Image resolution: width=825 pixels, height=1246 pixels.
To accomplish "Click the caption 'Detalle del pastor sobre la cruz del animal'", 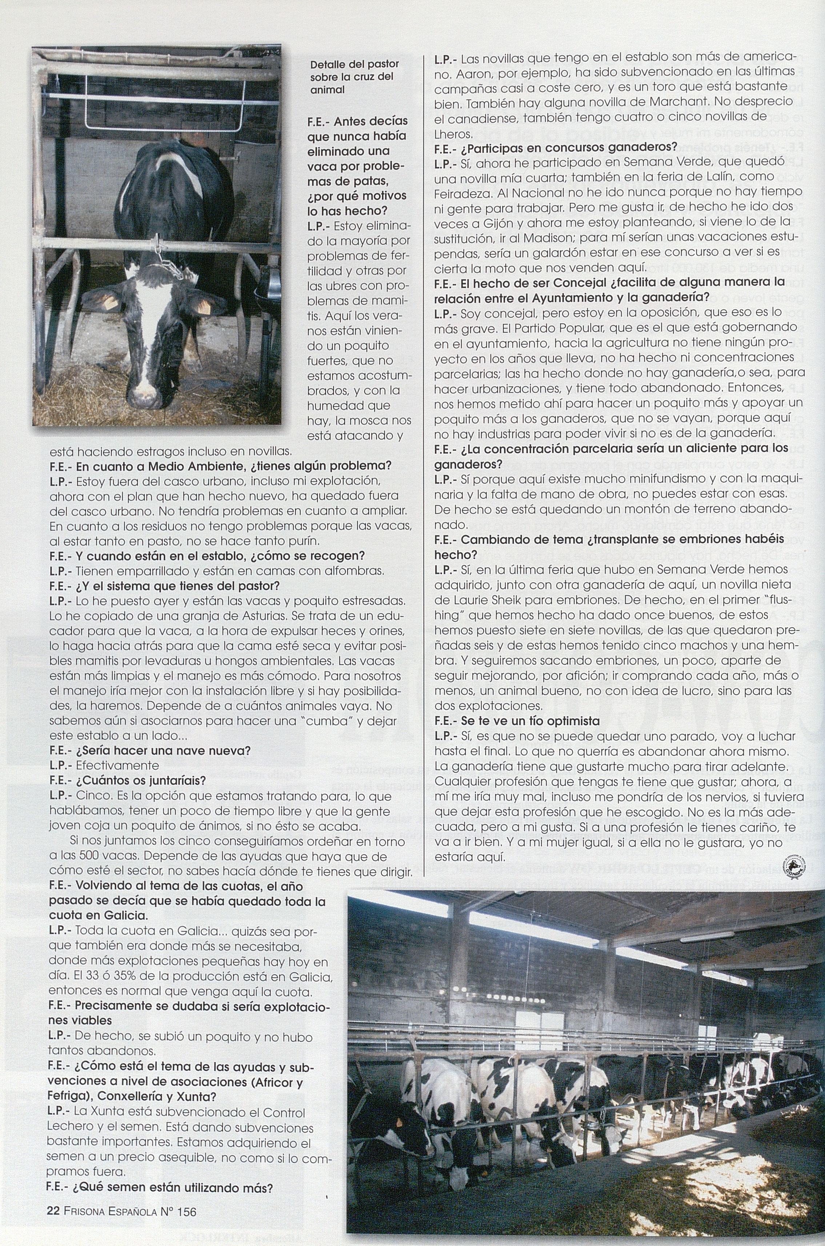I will [354, 77].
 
